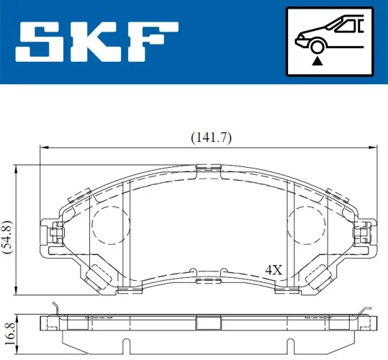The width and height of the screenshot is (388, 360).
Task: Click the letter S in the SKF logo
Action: click(37, 42)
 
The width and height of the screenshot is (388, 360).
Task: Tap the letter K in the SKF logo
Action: click(94, 42)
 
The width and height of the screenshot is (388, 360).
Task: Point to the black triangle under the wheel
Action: click(316, 63)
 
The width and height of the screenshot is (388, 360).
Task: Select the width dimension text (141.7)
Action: click(210, 138)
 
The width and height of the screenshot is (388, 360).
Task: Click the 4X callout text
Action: click(273, 270)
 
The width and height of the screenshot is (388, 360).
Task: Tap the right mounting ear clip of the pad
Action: click(366, 233)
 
